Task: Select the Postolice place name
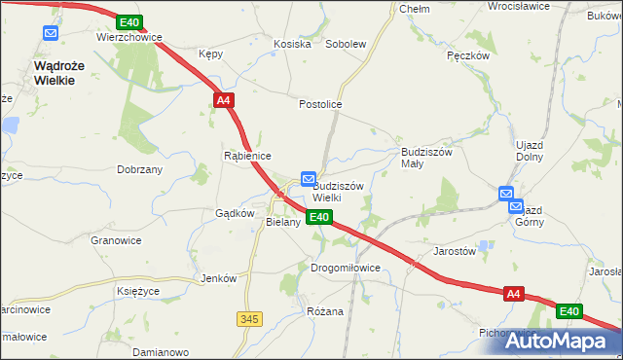click(x=320, y=103)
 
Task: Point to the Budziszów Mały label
click(x=426, y=158)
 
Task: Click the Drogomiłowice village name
click(x=345, y=268)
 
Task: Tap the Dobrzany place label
click(x=139, y=168)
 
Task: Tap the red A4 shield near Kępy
click(x=223, y=99)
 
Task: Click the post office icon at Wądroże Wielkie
click(x=51, y=33)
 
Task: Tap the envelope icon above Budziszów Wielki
click(x=309, y=179)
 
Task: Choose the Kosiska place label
click(x=292, y=44)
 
